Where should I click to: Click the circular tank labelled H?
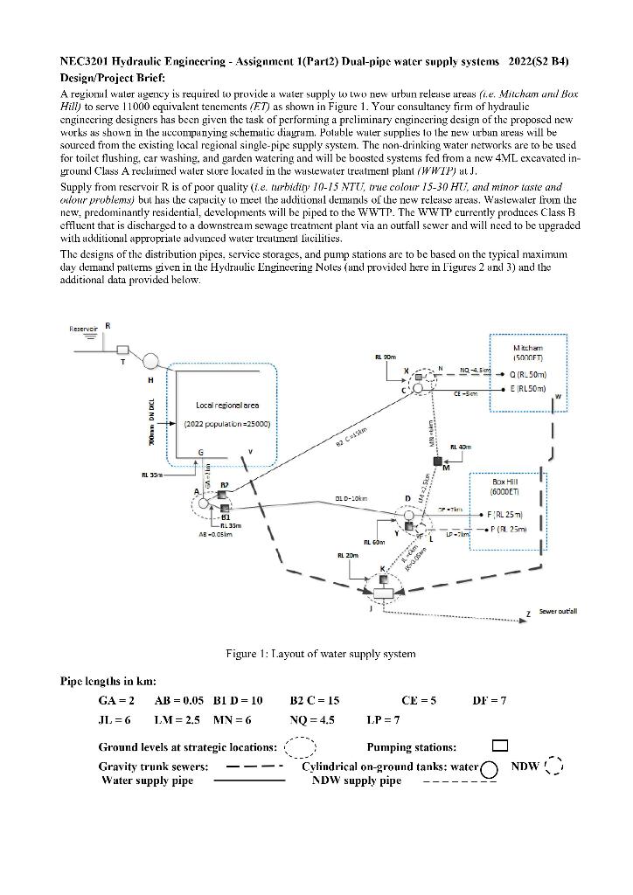coord(152,360)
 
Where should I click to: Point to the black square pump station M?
coord(436,460)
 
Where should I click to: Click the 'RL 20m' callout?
coord(348,554)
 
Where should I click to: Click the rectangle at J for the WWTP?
coord(383,593)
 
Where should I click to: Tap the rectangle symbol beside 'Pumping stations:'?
coord(499,746)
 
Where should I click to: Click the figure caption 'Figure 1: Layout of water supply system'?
coord(321,653)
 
